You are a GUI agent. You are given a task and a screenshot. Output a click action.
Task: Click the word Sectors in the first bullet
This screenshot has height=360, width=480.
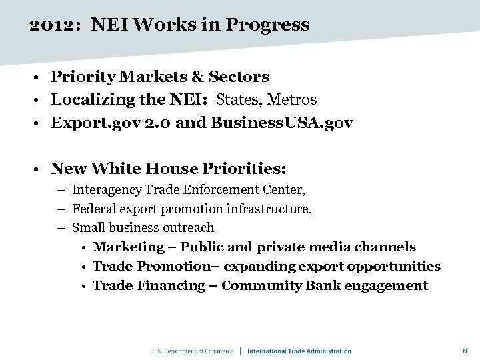tap(239, 77)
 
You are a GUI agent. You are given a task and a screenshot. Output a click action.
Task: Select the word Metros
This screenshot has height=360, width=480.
tap(291, 100)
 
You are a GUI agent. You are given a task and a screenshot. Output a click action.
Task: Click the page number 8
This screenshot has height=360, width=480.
tap(465, 351)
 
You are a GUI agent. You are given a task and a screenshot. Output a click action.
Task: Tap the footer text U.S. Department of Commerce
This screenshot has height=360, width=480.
tap(193, 351)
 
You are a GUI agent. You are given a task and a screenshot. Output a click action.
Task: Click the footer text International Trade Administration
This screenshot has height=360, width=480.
tap(299, 351)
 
